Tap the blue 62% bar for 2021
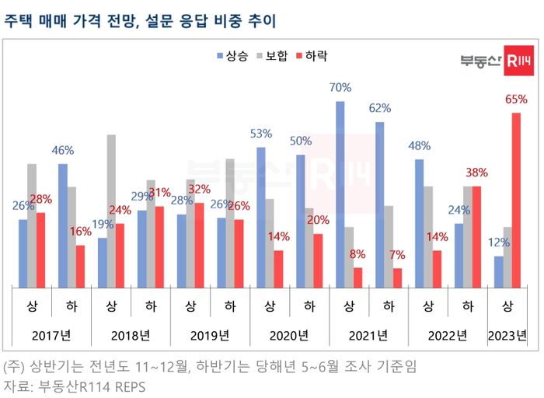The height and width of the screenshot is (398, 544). click(x=379, y=204)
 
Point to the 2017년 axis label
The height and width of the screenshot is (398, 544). click(x=51, y=336)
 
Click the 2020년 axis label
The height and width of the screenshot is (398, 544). click(x=289, y=336)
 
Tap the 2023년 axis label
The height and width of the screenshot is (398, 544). click(x=507, y=336)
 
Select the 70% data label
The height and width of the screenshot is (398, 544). click(x=340, y=88)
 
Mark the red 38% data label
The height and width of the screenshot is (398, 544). click(x=476, y=173)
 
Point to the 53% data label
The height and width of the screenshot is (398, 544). click(x=260, y=134)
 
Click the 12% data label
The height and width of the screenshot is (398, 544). click(x=497, y=242)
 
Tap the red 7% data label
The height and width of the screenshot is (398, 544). click(x=397, y=254)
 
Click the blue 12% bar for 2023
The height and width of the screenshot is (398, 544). click(x=498, y=271)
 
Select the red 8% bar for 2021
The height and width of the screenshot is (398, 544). click(x=357, y=278)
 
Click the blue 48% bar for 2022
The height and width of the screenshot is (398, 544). click(x=419, y=223)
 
